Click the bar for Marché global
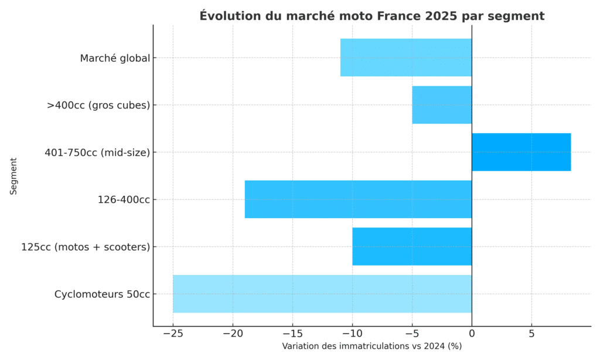point(406,57)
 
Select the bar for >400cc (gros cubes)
point(442,105)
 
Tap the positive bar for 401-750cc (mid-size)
point(521,152)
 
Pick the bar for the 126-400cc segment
point(358,199)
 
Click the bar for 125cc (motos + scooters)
point(412,246)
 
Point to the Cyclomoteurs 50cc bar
point(322,294)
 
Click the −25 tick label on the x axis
point(172,334)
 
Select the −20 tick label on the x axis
point(232,334)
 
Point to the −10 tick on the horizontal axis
point(352,334)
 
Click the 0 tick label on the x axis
point(472,334)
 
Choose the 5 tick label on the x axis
point(531,334)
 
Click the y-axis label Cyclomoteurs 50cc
point(102,294)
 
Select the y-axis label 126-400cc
point(124,200)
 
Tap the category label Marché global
point(115,58)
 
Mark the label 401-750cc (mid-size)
point(97,152)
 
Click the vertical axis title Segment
point(13,175)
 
